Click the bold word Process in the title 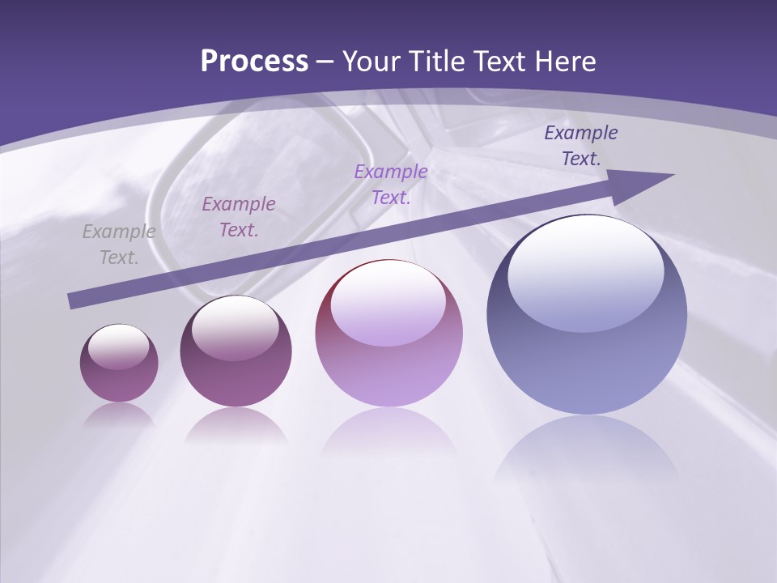pyautogui.click(x=254, y=62)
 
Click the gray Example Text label pyautogui.click(x=119, y=245)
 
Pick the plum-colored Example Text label pyautogui.click(x=239, y=217)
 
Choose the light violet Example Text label pyautogui.click(x=391, y=185)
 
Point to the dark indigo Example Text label pyautogui.click(x=581, y=146)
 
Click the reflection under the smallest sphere pyautogui.click(x=119, y=415)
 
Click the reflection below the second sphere pyautogui.click(x=236, y=425)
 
